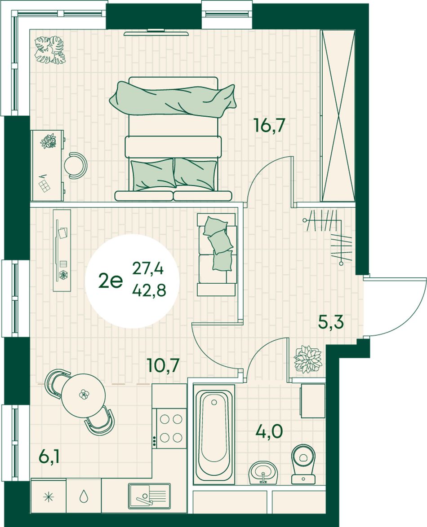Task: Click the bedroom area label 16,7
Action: [270, 126]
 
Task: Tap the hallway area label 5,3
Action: [331, 322]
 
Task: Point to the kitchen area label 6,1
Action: [49, 457]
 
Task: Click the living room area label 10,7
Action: [163, 365]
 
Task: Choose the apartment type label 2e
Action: [111, 280]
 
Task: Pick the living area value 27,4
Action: [148, 268]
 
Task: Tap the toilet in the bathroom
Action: [303, 464]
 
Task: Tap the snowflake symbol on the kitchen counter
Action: [49, 497]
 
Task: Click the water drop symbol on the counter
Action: [84, 496]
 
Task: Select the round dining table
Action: [84, 395]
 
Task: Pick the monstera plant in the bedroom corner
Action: [50, 50]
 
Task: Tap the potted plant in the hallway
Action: [308, 359]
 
